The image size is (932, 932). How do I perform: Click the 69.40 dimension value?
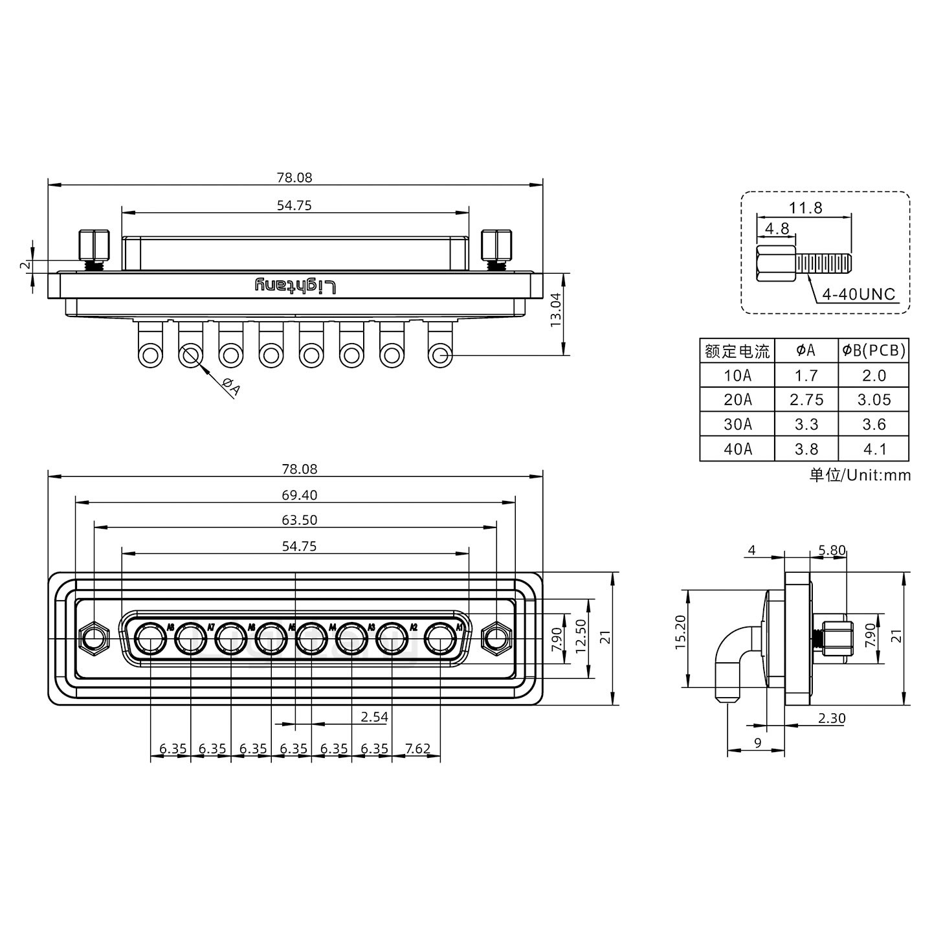[299, 495]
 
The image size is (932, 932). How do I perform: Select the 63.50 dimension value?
[299, 520]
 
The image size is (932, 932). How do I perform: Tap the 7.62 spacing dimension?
[417, 749]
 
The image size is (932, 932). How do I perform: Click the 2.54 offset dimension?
[374, 716]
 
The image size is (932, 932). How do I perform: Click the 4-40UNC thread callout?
[858, 294]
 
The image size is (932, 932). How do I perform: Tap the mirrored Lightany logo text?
[295, 285]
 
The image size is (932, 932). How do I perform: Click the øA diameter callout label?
[231, 387]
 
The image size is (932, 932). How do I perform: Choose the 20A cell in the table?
[737, 400]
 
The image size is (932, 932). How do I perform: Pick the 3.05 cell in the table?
[874, 400]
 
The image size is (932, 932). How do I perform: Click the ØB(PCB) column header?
[874, 351]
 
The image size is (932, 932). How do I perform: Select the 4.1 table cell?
[874, 449]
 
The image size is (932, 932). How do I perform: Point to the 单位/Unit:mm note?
[860, 475]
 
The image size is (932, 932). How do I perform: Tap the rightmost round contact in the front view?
[440, 639]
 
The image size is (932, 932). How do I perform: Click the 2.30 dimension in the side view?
[832, 718]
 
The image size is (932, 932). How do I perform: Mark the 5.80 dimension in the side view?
[832, 551]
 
